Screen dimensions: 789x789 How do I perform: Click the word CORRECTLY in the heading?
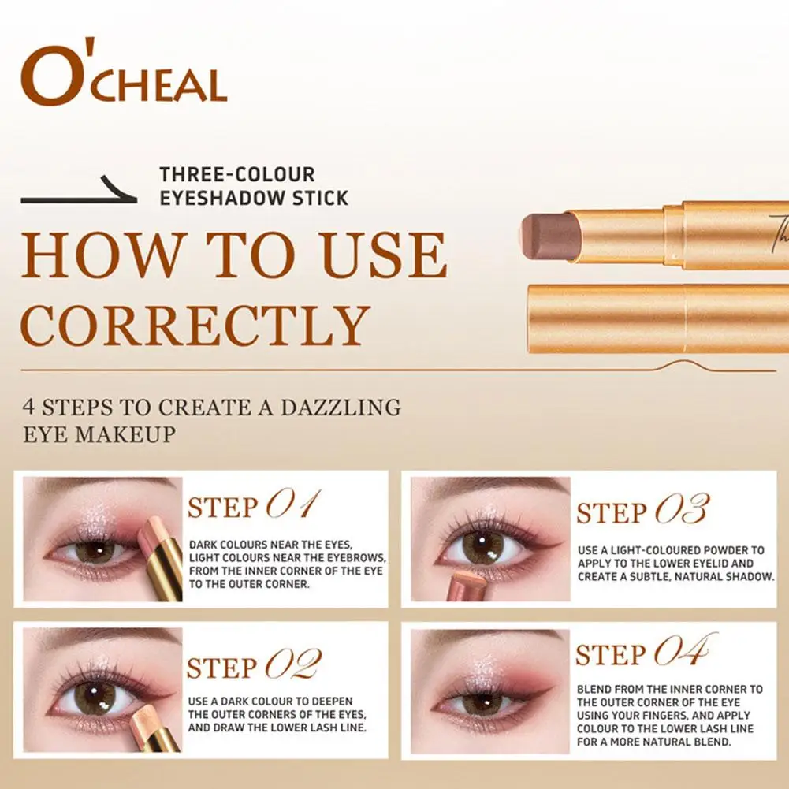click(x=195, y=325)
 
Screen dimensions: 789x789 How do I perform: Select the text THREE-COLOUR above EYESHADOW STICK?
click(x=237, y=174)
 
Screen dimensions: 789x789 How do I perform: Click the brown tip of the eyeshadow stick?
click(x=550, y=234)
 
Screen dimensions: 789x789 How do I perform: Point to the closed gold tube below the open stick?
click(x=658, y=318)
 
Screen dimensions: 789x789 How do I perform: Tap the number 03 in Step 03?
click(x=682, y=510)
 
